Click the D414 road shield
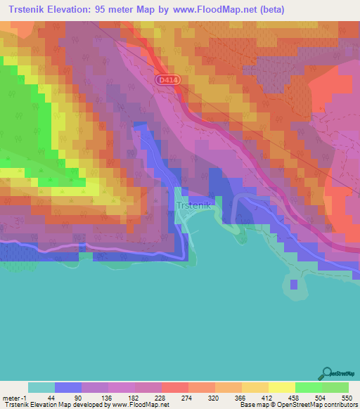(167, 82)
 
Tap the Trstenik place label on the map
(191, 206)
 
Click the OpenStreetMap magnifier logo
(328, 373)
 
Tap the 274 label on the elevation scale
(188, 398)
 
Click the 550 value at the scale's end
(346, 398)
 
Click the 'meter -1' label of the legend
(14, 398)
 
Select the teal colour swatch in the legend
(41, 387)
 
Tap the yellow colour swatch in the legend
(281, 387)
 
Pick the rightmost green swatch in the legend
(335, 387)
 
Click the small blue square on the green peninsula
(293, 284)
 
